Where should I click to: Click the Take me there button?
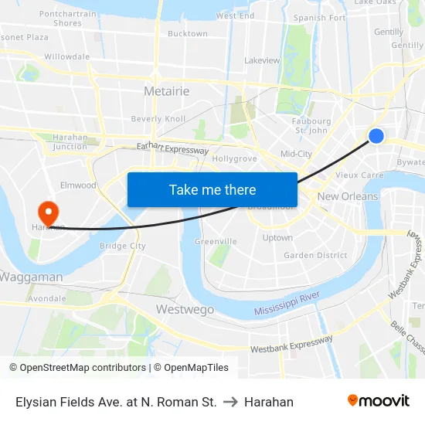(x=212, y=189)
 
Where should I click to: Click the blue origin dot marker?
(x=376, y=136)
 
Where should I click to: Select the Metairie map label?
(x=166, y=91)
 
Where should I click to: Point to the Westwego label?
(x=185, y=309)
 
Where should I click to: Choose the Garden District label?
(x=315, y=255)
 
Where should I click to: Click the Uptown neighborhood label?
(x=277, y=237)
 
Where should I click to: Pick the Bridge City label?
(x=123, y=246)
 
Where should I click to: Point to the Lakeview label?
(x=262, y=59)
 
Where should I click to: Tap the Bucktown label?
(x=188, y=33)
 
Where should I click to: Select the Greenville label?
(x=216, y=241)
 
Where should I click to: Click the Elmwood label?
(x=78, y=185)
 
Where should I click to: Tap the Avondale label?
(x=46, y=297)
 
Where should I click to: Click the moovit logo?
(x=379, y=401)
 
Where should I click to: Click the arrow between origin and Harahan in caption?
(x=230, y=402)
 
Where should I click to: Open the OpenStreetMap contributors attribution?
(x=77, y=368)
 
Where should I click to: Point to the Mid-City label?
(x=296, y=154)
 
